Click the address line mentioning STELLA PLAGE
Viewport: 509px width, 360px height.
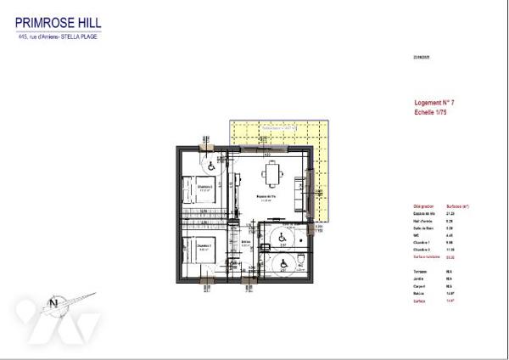[59, 37]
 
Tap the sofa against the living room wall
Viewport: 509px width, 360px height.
[297, 197]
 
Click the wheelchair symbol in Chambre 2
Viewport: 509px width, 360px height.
[209, 160]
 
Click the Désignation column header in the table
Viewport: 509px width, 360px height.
[423, 206]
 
